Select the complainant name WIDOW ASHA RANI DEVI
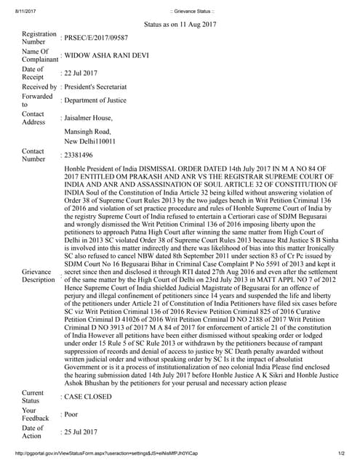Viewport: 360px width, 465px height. [x=106, y=55]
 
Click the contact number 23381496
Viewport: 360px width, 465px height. [x=81, y=155]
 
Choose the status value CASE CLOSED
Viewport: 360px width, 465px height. [x=88, y=397]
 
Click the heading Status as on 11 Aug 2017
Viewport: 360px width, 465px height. [x=181, y=24]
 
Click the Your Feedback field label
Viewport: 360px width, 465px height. [x=36, y=414]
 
